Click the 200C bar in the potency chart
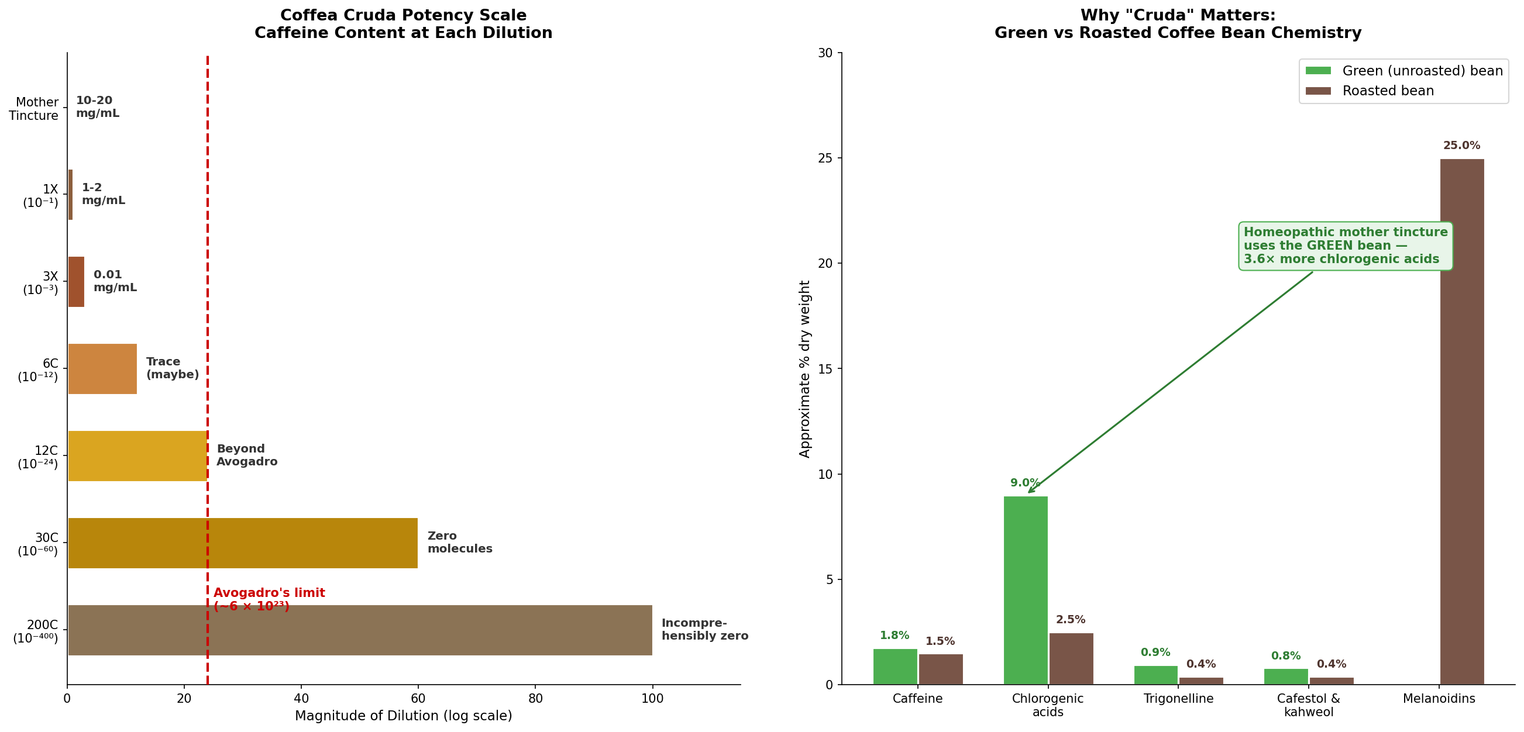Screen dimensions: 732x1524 360,630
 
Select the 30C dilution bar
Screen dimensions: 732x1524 243,543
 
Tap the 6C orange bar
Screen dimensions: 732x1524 102,368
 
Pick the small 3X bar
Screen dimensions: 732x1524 76,281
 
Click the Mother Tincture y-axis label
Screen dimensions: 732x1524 34,109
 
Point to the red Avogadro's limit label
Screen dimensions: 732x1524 269,599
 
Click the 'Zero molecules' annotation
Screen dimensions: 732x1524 460,542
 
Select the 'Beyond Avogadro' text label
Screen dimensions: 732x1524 247,455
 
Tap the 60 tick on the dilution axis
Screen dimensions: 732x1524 418,698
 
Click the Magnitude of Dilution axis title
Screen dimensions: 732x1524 404,716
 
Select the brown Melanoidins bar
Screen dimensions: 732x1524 1462,422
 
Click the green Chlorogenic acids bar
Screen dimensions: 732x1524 1026,590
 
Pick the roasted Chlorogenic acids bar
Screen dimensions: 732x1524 1071,659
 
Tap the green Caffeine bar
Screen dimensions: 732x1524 895,667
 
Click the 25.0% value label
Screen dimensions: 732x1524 1461,146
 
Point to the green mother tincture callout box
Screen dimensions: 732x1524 1346,246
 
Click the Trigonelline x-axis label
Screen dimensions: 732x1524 1178,699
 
